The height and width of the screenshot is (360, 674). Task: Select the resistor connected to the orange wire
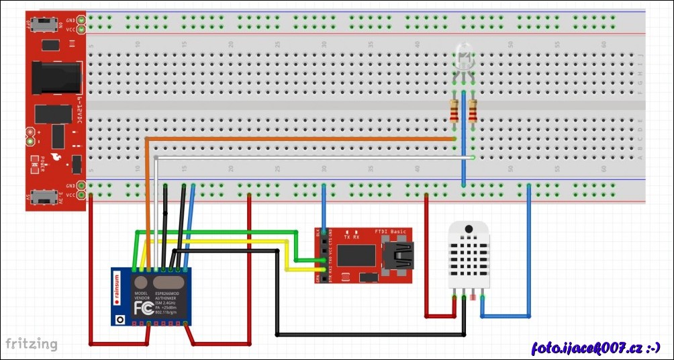pos(454,111)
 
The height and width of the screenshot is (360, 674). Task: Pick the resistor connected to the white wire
pos(473,111)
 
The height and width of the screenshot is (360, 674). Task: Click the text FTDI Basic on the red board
pos(390,231)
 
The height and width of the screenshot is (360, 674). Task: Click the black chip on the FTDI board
pos(356,255)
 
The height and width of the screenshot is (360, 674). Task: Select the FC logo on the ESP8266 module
pos(143,308)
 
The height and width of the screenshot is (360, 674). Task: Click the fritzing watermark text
pos(32,344)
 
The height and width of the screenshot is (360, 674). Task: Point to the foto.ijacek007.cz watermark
pos(595,347)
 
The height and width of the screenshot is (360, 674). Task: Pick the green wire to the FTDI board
pos(215,232)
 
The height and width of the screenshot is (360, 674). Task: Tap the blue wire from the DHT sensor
pos(528,255)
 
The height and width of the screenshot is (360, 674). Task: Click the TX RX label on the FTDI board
pos(352,237)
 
